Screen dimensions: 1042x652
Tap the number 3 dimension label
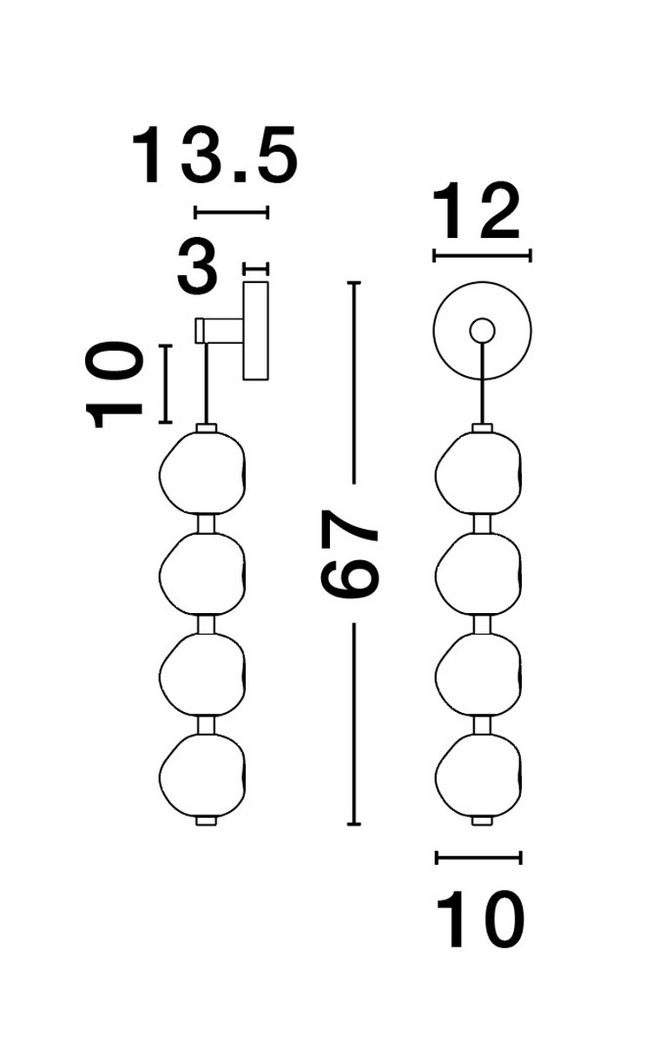(x=197, y=267)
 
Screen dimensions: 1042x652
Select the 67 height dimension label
(x=351, y=553)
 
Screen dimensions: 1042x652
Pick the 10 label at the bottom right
(x=480, y=918)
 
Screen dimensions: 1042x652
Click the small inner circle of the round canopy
(x=482, y=330)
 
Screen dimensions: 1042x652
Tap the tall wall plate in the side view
(x=256, y=330)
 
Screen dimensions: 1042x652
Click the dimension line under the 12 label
(x=482, y=255)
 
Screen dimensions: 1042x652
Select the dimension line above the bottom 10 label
(x=479, y=858)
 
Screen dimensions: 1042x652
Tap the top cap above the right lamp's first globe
(x=482, y=428)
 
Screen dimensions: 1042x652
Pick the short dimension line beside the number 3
(x=256, y=268)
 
